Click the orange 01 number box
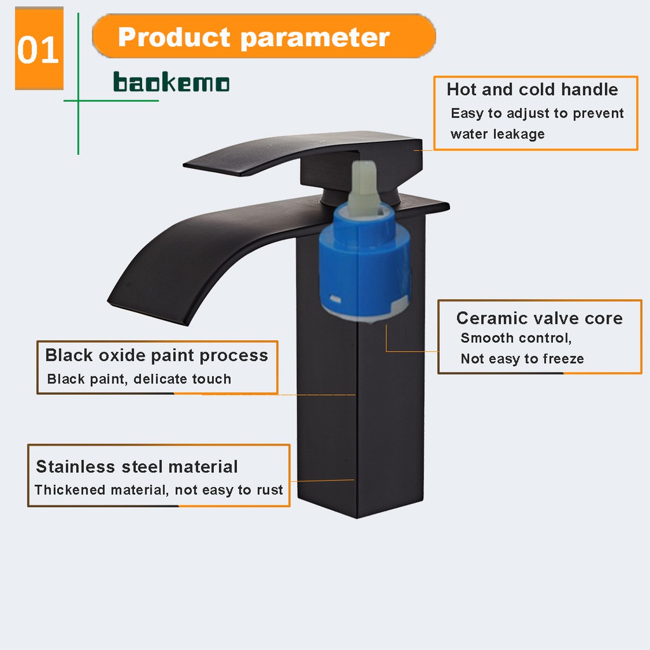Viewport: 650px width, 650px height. pyautogui.click(x=39, y=48)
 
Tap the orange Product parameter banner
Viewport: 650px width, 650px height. pyautogui.click(x=263, y=36)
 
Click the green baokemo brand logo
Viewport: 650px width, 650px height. pyautogui.click(x=171, y=82)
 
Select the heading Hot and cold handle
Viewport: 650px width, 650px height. pyautogui.click(x=533, y=89)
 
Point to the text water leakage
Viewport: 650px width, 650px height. pyautogui.click(x=498, y=134)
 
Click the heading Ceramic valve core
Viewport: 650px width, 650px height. pyautogui.click(x=540, y=318)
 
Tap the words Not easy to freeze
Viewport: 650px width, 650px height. pyautogui.click(x=522, y=359)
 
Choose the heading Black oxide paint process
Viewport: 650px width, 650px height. pyautogui.click(x=156, y=355)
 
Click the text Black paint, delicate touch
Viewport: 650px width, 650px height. pyautogui.click(x=139, y=379)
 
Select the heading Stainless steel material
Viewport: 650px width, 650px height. pyautogui.click(x=137, y=467)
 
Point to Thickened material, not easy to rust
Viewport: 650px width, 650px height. pyautogui.click(x=159, y=490)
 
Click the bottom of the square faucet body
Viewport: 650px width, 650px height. pyautogui.click(x=357, y=517)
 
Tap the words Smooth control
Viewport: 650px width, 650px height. pyautogui.click(x=516, y=338)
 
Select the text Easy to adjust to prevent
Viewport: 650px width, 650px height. pyautogui.click(x=537, y=113)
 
